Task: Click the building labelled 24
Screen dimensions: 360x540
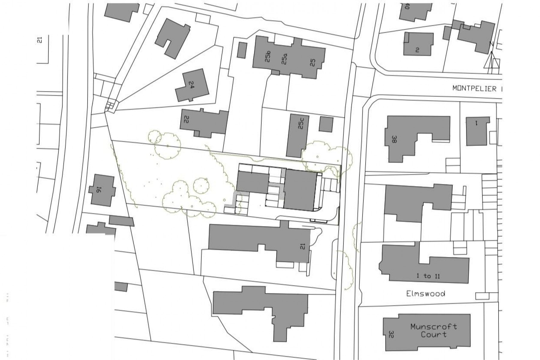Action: [x=192, y=86]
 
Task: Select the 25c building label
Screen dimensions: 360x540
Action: [x=301, y=124]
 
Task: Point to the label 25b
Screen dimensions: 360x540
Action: [x=268, y=57]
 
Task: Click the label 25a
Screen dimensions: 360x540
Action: [x=284, y=59]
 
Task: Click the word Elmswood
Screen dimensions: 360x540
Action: [x=425, y=293]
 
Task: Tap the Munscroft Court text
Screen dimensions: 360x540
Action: [x=433, y=330]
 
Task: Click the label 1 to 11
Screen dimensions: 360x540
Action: [x=428, y=276]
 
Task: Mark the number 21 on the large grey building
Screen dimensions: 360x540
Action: [x=302, y=246]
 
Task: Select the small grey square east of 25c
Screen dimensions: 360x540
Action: [x=326, y=124]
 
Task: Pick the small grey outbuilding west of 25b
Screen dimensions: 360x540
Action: [x=242, y=50]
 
